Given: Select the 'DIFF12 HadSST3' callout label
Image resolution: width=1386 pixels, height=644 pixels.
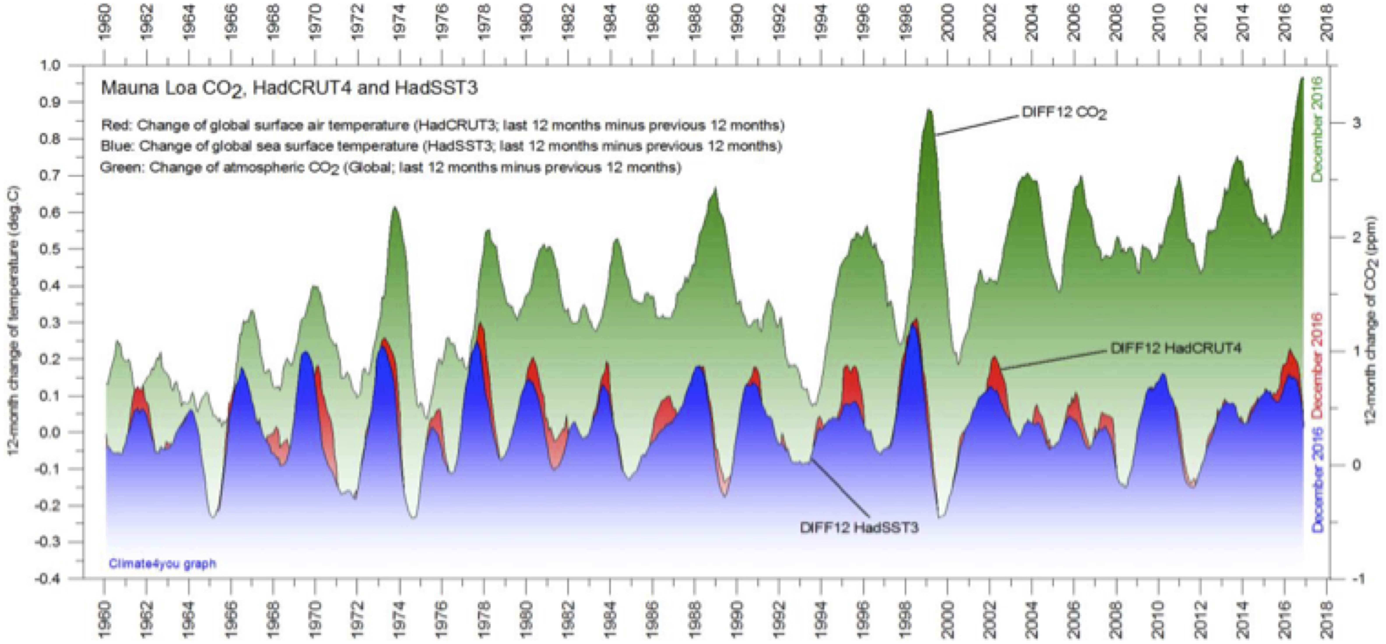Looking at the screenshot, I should pos(859,528).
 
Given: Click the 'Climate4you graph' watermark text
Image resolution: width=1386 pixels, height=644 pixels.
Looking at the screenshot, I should pos(162,564).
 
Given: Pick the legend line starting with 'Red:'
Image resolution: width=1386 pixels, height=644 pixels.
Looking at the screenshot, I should pos(442,125).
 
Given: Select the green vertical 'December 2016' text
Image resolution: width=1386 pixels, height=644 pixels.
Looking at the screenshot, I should pos(1317,129).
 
